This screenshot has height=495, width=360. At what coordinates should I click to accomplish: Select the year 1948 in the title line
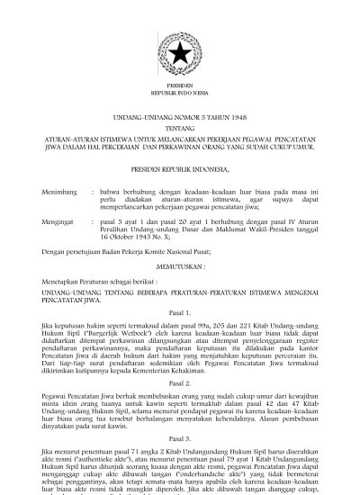tap(237, 118)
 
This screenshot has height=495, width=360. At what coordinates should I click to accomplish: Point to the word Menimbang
tap(57, 191)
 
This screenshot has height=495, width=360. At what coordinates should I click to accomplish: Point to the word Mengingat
tap(56, 219)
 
